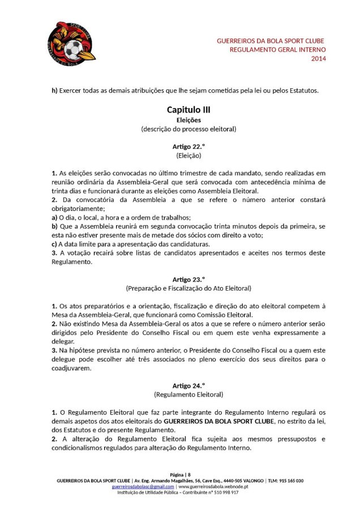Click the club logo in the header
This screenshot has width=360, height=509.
tap(71, 42)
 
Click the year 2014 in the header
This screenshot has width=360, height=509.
tap(319, 59)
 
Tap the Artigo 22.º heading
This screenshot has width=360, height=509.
tap(188, 146)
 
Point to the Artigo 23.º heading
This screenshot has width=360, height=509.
tap(188, 278)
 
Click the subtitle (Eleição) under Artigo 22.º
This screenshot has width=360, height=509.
tap(188, 154)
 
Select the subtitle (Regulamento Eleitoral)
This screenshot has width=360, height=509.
tap(188, 394)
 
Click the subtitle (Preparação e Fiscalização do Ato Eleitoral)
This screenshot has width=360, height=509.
tap(188, 287)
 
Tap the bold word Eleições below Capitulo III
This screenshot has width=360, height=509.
tap(188, 120)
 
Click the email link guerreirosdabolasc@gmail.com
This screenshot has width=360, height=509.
tap(143, 486)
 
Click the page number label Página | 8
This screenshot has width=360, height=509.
tap(181, 475)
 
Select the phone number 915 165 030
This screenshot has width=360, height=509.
tap(290, 481)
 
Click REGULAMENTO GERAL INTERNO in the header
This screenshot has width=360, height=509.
tap(277, 50)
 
